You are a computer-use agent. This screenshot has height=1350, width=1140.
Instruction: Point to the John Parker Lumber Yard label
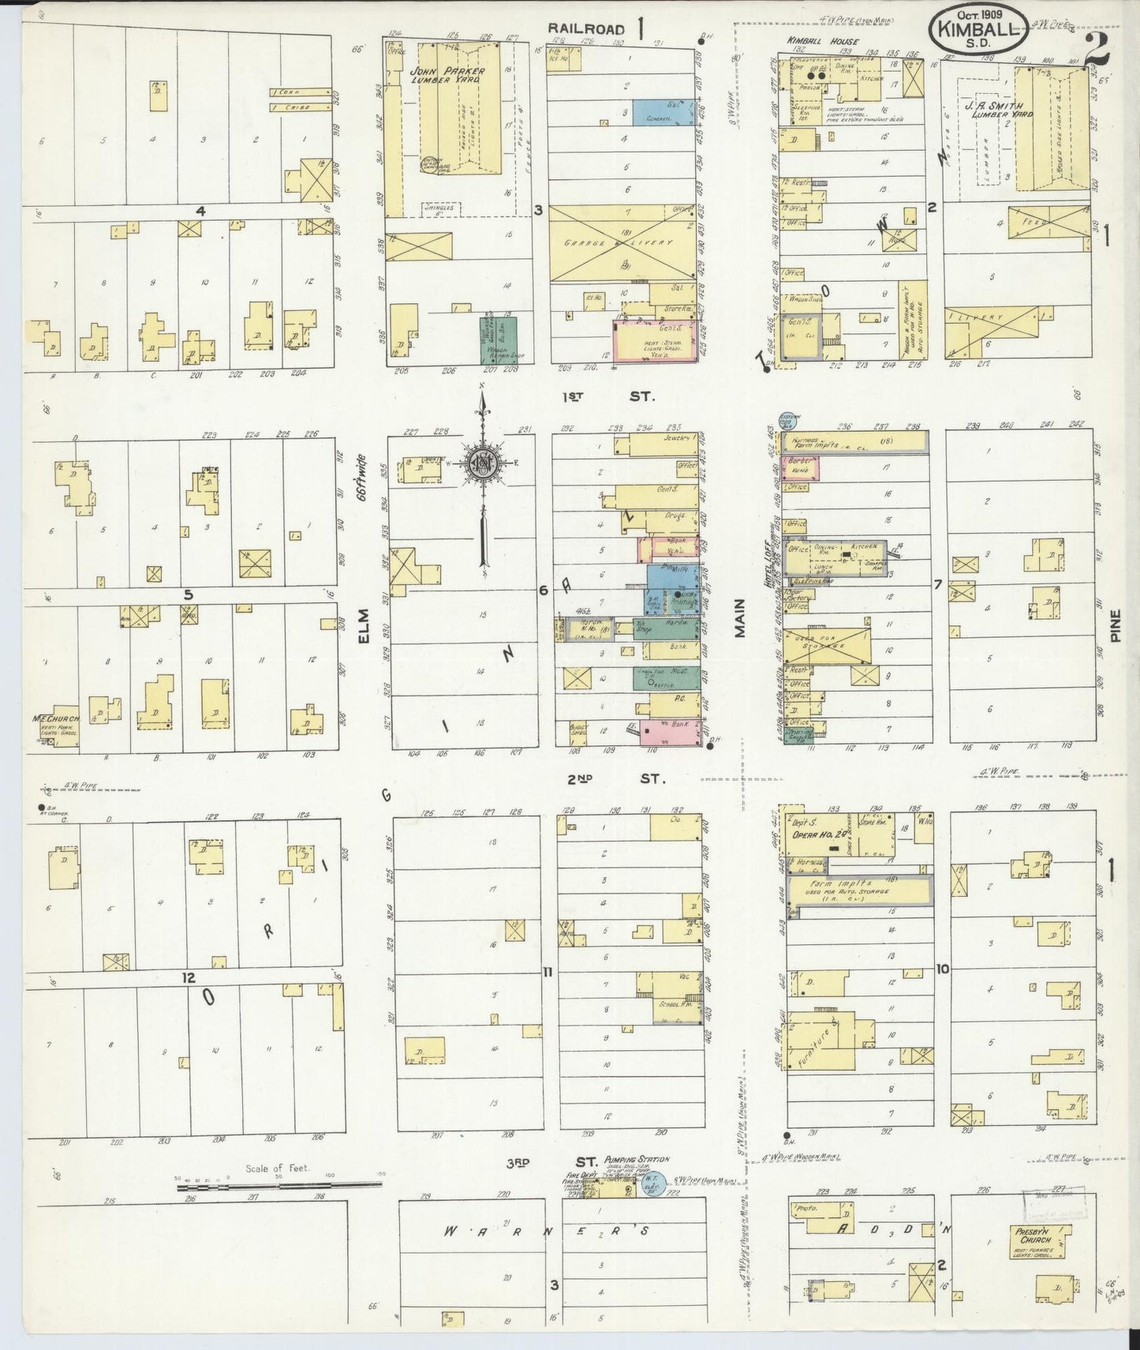(447, 77)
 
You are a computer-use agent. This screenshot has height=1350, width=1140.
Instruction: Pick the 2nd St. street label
(615, 778)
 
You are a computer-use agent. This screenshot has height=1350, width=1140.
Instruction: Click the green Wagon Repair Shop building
(499, 339)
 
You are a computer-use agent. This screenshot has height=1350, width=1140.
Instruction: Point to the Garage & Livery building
(621, 243)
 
